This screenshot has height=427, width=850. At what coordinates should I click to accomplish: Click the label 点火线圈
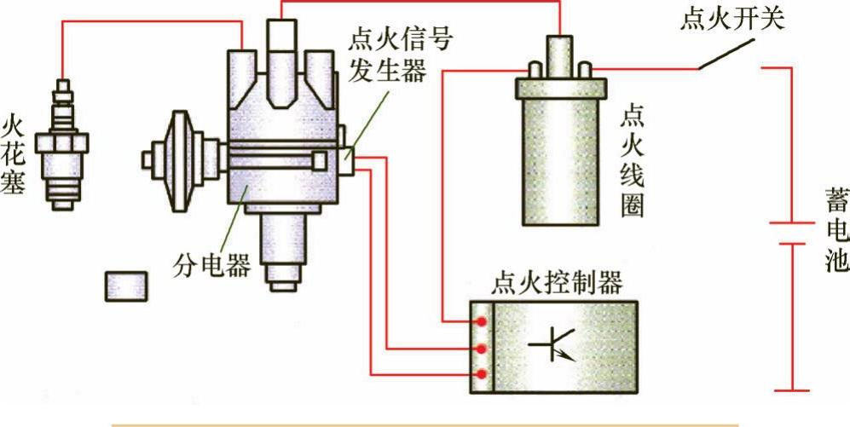click(633, 161)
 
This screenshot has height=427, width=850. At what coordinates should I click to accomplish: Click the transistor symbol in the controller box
click(553, 344)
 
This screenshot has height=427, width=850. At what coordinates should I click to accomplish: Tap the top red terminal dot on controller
click(482, 322)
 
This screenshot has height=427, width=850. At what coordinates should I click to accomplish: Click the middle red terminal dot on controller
click(482, 349)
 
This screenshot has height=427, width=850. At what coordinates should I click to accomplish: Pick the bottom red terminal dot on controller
click(482, 374)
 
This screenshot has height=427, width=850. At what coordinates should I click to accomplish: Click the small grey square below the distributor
click(126, 286)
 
